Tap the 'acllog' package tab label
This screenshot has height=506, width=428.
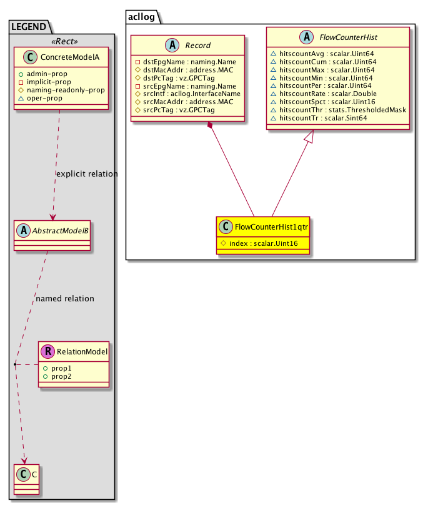(142, 16)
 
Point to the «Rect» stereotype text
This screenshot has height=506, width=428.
(62, 41)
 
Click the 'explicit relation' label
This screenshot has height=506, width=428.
(86, 173)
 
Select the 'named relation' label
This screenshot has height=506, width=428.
(65, 298)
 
